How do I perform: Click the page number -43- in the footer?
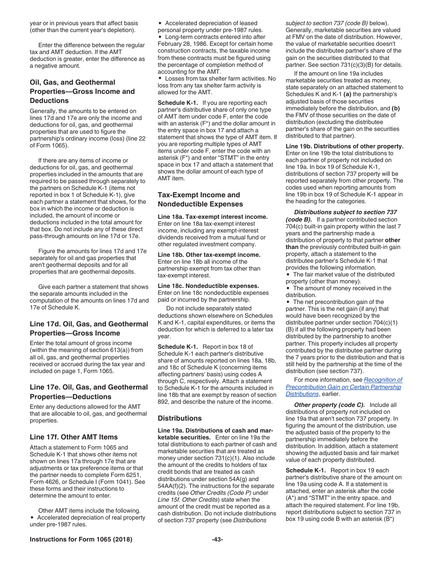(x=217, y=539)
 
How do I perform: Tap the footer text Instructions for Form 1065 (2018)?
(x=81, y=539)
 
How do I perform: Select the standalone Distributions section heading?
(x=179, y=418)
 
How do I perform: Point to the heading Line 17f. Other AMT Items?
(x=74, y=437)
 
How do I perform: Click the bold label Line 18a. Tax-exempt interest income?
(x=212, y=217)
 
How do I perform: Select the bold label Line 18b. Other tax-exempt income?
(x=209, y=254)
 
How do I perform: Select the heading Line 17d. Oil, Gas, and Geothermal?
(x=89, y=324)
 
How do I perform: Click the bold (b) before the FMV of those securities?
(x=395, y=108)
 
